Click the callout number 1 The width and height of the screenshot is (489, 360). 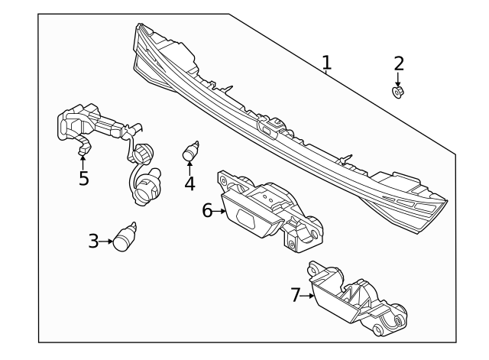(x=326, y=62)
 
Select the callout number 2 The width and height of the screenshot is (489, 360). (x=398, y=63)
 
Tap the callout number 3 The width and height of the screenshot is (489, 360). (x=93, y=242)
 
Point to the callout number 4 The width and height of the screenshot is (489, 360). (x=189, y=183)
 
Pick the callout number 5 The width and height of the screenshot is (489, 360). (x=83, y=179)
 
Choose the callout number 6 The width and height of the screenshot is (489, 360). (x=207, y=210)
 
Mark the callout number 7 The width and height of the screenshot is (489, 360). (x=296, y=294)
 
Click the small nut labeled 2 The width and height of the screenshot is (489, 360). (x=397, y=92)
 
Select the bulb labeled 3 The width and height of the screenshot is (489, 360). (x=125, y=238)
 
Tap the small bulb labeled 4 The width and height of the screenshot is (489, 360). (x=191, y=151)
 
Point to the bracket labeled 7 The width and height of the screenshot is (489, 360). (x=355, y=302)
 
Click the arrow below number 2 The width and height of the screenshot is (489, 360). (x=397, y=79)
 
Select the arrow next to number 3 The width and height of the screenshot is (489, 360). (x=106, y=242)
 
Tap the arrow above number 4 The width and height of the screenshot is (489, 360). (x=189, y=167)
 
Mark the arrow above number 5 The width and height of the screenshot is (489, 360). (x=83, y=161)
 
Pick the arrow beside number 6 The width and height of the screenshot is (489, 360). (x=220, y=211)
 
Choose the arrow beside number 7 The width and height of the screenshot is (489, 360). (x=309, y=295)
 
